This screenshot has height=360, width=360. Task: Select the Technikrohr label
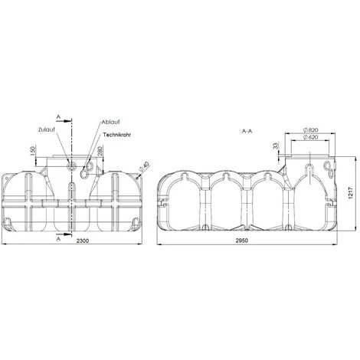point(114,134)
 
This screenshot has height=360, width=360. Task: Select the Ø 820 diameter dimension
point(310,132)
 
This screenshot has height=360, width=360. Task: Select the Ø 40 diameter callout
point(145,163)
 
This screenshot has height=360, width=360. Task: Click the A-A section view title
point(248,131)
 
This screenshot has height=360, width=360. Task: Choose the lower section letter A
point(58,238)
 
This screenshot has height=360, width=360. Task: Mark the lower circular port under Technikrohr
point(89,162)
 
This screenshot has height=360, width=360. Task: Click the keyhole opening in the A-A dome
point(309,169)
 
